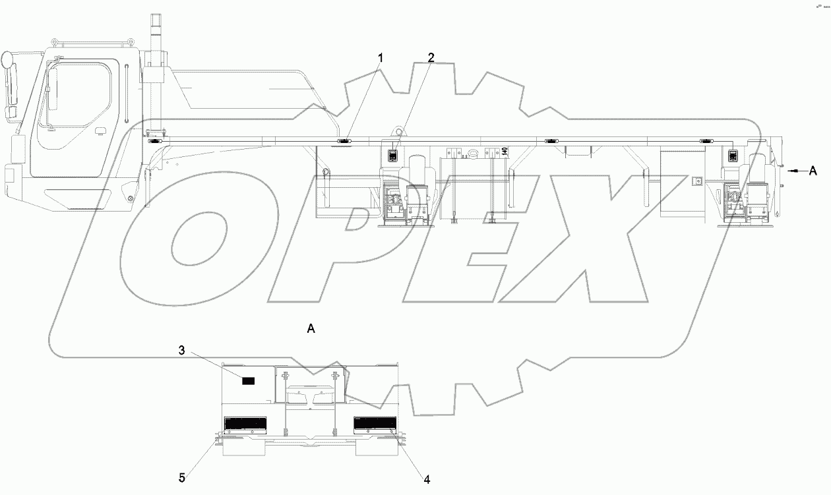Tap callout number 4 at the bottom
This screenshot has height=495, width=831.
pyautogui.click(x=427, y=480)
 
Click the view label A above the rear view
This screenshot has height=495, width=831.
pyautogui.click(x=311, y=328)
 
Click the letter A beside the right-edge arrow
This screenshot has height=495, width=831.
pyautogui.click(x=813, y=170)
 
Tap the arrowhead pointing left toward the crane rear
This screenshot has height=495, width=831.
pyautogui.click(x=791, y=170)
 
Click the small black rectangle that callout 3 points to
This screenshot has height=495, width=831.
pyautogui.click(x=248, y=380)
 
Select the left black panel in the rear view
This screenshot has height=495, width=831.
pyautogui.click(x=245, y=423)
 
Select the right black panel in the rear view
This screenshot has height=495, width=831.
pyautogui.click(x=375, y=423)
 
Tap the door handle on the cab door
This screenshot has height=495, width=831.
pyautogui.click(x=101, y=129)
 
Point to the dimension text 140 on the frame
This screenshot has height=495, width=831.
pyautogui.click(x=504, y=151)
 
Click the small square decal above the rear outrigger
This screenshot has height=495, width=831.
pyautogui.click(x=733, y=156)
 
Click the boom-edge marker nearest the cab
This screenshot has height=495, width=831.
pyautogui.click(x=155, y=141)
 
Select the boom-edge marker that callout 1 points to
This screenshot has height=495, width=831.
pyautogui.click(x=344, y=141)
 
